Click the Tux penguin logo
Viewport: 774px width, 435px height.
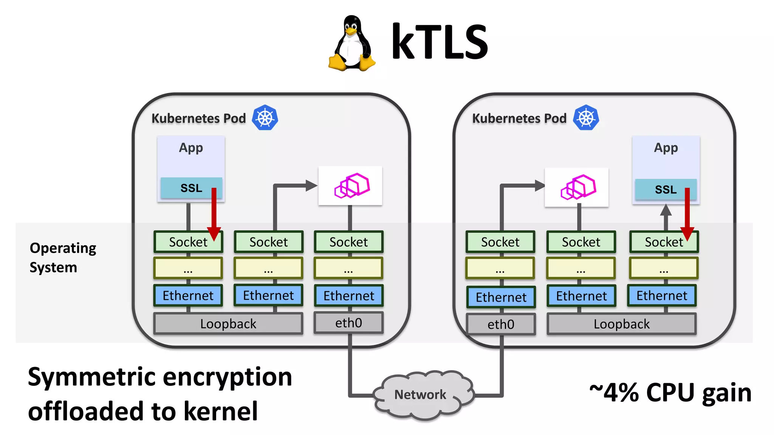(x=351, y=43)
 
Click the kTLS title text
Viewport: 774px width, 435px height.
(x=440, y=42)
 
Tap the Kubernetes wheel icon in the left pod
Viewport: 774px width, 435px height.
(x=265, y=118)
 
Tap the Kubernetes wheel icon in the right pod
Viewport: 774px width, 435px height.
(x=586, y=118)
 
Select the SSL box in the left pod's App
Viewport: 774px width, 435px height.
(x=191, y=188)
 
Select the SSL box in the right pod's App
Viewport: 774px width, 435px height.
(x=665, y=190)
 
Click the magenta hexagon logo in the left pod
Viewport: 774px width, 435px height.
(x=351, y=185)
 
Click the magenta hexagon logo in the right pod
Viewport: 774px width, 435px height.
(x=578, y=187)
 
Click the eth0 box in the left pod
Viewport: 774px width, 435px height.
(x=348, y=323)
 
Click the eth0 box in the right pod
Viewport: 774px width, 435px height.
(x=501, y=324)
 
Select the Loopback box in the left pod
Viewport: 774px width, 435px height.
(x=228, y=324)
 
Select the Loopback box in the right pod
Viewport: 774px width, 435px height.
(x=621, y=324)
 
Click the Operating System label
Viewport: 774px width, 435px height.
(x=62, y=258)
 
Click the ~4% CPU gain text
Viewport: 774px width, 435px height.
(x=670, y=393)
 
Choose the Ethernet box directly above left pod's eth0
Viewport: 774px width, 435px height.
(x=348, y=296)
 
